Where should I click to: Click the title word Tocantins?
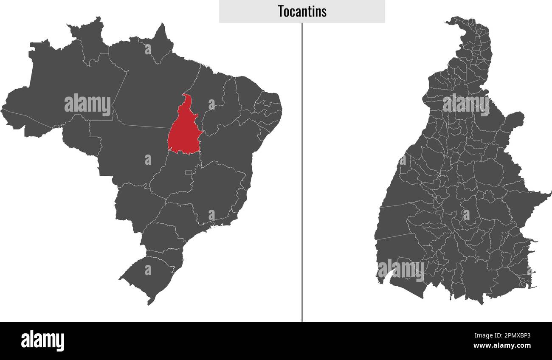point(302,11)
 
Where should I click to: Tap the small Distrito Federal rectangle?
point(188,172)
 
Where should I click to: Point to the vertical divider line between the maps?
point(302,170)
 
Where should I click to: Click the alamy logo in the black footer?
point(42,340)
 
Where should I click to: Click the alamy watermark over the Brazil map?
point(87,104)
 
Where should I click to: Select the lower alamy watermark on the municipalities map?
point(401,270)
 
